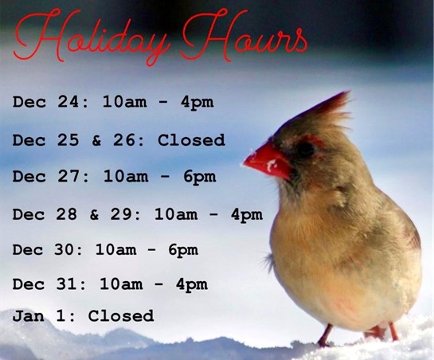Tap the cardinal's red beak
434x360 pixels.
point(267,160)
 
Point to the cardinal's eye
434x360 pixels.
point(306,149)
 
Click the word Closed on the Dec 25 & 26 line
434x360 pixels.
point(191,140)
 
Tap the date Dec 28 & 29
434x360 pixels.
point(76,214)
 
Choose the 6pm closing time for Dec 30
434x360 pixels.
point(182,250)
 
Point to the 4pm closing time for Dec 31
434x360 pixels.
point(191,284)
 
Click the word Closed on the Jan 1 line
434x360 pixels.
point(120,316)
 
